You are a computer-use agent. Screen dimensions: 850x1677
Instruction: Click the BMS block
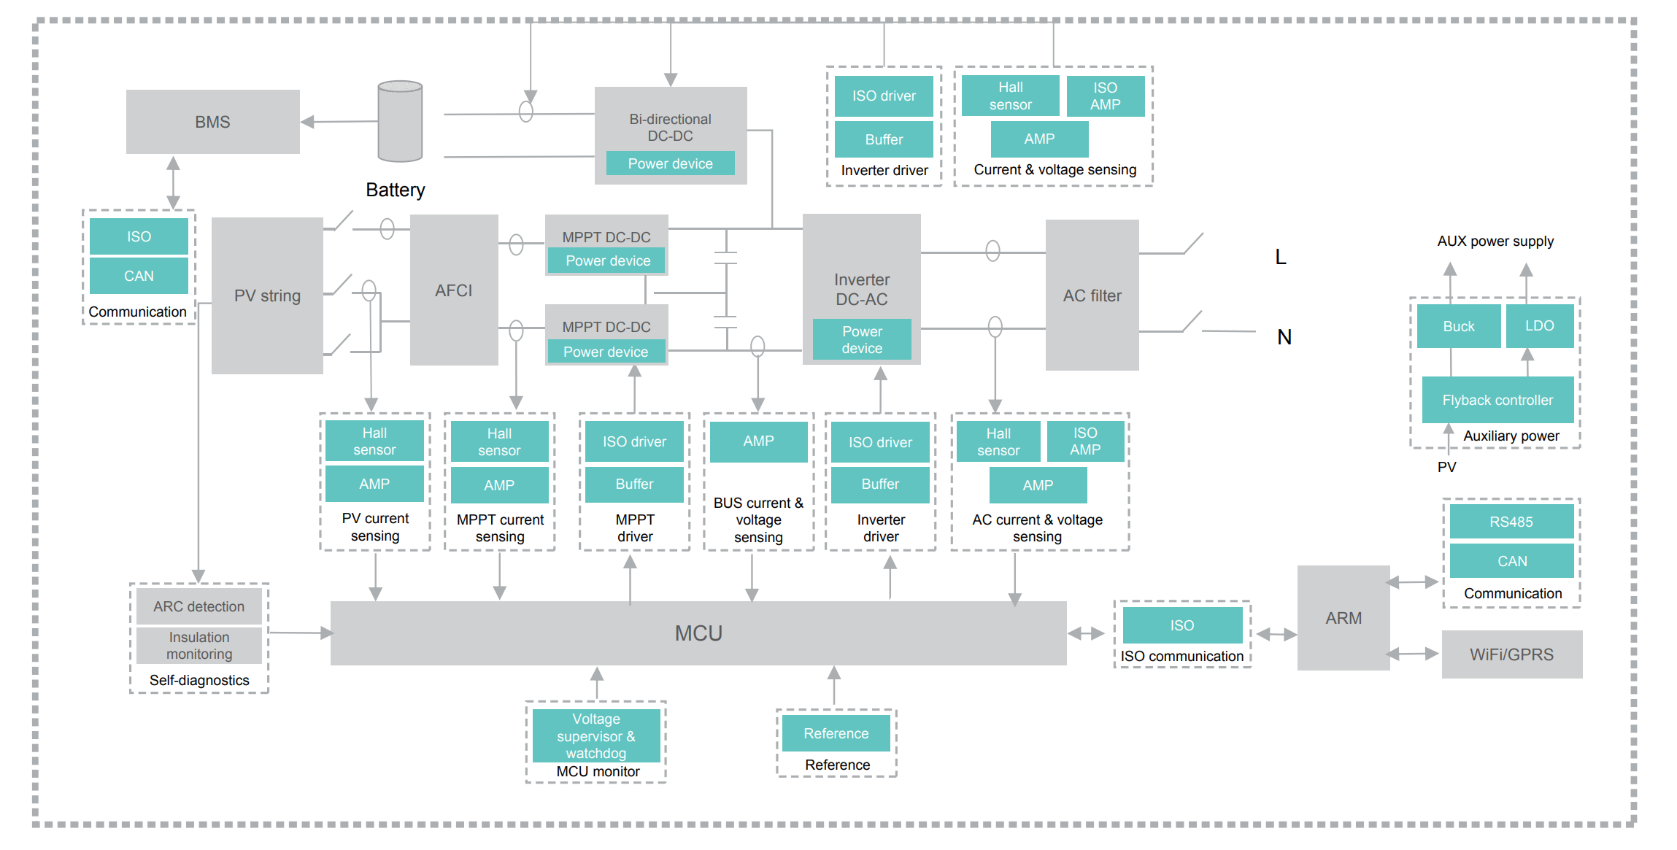point(212,122)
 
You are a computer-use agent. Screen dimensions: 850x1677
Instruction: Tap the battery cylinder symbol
point(400,121)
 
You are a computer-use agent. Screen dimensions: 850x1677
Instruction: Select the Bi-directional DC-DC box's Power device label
point(670,163)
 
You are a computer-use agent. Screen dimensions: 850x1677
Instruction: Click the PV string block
point(267,295)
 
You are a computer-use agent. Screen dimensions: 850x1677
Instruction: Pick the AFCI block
point(453,290)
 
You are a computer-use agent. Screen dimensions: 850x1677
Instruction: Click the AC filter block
point(1092,295)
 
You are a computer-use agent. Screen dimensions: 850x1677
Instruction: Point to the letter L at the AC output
point(1280,257)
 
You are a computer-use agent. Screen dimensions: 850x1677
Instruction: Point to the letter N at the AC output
point(1284,337)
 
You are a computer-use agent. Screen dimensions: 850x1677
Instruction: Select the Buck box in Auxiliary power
point(1458,326)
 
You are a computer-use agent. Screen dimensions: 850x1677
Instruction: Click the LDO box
point(1539,325)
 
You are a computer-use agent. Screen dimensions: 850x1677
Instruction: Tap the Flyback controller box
point(1497,400)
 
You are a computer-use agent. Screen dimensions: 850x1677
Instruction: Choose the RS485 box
point(1511,522)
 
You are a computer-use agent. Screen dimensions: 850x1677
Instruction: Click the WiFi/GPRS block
point(1511,654)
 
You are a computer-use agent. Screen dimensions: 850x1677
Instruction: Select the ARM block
point(1343,618)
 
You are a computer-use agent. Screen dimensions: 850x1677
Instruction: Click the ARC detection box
point(198,606)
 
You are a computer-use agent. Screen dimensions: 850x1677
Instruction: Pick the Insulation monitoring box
point(198,646)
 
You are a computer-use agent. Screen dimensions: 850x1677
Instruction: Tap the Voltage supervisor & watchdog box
point(595,735)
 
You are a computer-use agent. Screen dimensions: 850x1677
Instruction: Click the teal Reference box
point(836,733)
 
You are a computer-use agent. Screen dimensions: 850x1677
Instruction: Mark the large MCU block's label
point(698,633)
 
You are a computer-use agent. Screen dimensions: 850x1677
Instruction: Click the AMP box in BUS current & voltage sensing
point(758,441)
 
